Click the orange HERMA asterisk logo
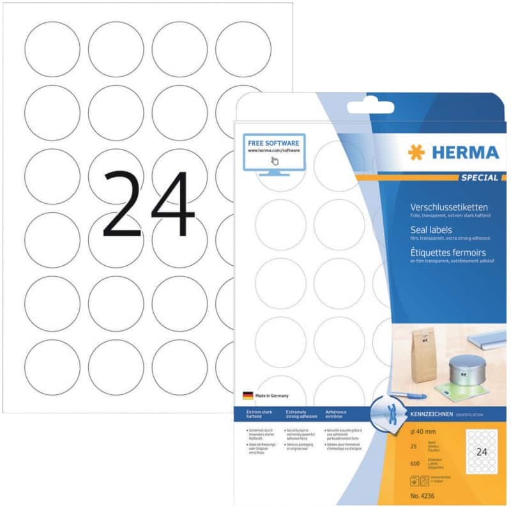click(415, 152)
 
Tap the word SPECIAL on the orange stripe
click(478, 177)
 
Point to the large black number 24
click(148, 204)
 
